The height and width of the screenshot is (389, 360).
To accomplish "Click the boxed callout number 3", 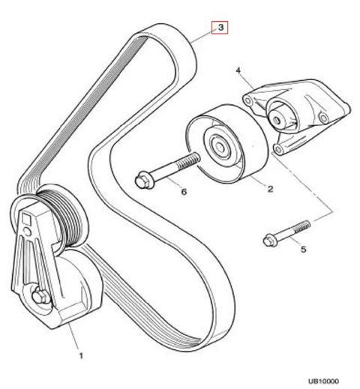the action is click(220, 27).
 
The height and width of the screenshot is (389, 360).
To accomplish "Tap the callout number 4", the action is click(238, 70).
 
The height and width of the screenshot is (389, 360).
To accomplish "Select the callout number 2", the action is click(270, 189).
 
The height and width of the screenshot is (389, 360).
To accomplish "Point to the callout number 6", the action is click(184, 192).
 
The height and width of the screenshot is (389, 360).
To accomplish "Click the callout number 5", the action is click(303, 249).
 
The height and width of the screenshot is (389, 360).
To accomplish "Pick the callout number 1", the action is click(81, 356).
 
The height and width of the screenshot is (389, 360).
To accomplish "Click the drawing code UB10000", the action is click(323, 382).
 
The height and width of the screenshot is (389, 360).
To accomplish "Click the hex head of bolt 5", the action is click(269, 241).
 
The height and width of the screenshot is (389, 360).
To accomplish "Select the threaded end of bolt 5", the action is click(303, 226).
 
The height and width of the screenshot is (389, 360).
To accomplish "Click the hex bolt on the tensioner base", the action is click(40, 297).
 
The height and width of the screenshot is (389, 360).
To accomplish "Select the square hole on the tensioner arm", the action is click(26, 219).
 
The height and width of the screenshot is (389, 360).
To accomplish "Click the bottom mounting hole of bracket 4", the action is click(277, 149).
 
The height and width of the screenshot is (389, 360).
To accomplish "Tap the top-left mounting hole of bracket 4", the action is click(247, 101).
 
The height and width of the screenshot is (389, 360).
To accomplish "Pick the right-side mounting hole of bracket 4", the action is click(323, 117).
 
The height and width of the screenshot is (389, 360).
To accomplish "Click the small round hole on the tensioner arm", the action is click(26, 231).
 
